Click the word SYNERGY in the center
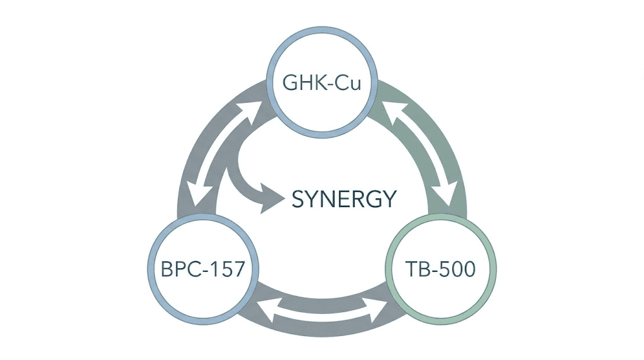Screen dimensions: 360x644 coord(344,200)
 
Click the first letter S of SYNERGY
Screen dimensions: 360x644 coord(299,200)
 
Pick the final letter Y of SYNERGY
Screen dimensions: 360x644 coord(390,200)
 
